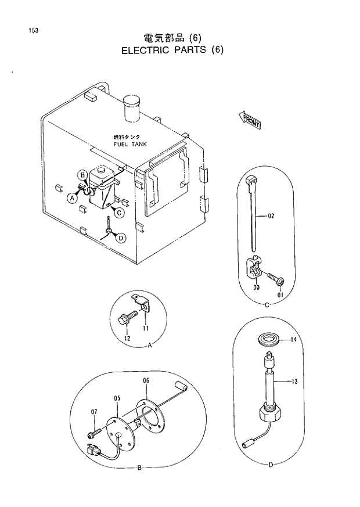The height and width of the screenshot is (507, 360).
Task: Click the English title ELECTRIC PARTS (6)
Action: pos(172,50)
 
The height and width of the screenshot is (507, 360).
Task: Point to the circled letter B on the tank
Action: pos(84,175)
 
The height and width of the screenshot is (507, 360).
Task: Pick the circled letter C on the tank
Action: pos(118,213)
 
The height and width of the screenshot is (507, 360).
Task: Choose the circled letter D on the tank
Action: pos(120,238)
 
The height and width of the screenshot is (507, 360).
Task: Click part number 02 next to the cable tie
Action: pos(271,216)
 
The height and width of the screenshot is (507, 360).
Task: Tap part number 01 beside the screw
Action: pos(280,295)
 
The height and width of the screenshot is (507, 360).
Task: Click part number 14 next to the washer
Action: pos(294,340)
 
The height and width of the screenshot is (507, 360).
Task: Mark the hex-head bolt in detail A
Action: pos(125,318)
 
